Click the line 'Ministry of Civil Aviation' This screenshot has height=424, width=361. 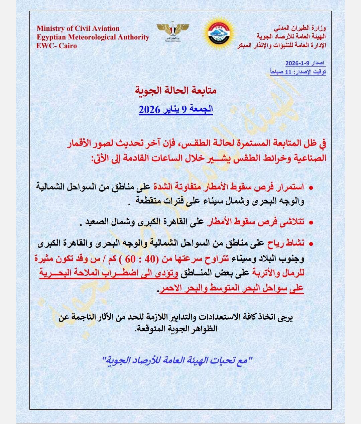click(78, 28)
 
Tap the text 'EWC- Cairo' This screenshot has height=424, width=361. click(56, 46)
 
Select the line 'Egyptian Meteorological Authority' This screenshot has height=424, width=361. click(93, 37)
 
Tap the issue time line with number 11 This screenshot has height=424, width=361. click(298, 72)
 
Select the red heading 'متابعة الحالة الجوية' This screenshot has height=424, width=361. click(175, 90)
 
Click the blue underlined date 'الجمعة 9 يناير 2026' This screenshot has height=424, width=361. click(176, 109)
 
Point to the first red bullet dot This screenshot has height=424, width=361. click(311, 188)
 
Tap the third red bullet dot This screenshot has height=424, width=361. click(311, 244)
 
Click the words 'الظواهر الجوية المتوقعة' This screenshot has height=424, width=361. click(177, 329)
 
